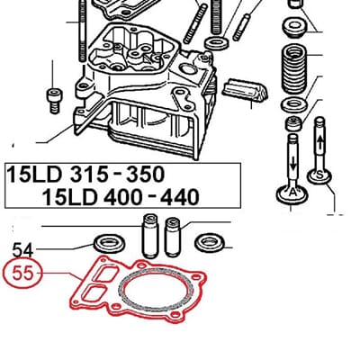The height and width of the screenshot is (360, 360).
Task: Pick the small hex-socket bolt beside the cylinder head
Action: tap(54, 95)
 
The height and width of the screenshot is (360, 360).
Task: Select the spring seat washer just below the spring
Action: tap(294, 108)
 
